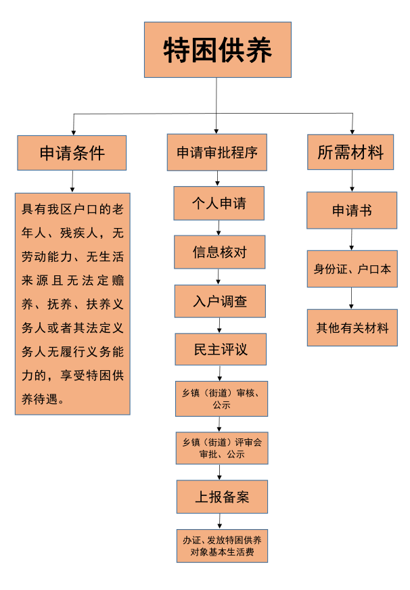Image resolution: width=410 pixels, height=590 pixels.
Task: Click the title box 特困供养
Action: click(x=217, y=49)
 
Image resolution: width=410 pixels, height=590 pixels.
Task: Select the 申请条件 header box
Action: click(x=72, y=153)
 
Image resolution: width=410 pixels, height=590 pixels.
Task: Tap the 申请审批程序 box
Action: click(x=217, y=153)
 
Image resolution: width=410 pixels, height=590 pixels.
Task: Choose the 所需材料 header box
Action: click(x=350, y=153)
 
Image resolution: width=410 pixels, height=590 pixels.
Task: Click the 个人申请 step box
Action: click(x=219, y=203)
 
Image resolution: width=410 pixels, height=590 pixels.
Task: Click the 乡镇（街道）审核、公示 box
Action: click(x=221, y=399)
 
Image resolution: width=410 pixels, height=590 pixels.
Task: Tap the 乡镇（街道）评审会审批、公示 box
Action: click(x=221, y=448)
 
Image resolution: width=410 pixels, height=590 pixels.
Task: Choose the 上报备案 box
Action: click(x=222, y=497)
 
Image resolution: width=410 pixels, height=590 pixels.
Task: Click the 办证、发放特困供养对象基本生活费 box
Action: click(x=222, y=546)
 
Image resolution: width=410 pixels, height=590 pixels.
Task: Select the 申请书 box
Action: click(x=351, y=210)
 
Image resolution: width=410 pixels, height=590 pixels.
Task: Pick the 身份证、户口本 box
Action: click(x=352, y=269)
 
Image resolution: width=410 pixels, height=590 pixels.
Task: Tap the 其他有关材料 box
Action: click(x=352, y=327)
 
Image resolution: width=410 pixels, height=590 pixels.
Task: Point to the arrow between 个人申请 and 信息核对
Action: click(x=218, y=227)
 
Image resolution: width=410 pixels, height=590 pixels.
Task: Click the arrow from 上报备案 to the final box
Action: click(x=221, y=521)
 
